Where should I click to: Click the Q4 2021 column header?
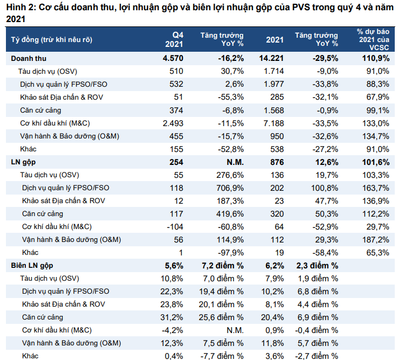click(x=174, y=39)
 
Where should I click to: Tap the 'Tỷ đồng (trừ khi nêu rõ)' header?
click(x=52, y=40)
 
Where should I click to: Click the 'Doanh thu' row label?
click(x=29, y=59)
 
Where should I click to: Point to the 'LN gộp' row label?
click(x=23, y=162)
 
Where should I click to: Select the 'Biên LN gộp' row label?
click(x=32, y=266)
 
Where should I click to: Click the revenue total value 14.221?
click(x=271, y=58)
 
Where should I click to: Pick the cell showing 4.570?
click(x=173, y=58)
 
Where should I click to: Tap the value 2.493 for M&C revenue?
click(x=173, y=123)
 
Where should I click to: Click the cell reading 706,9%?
click(x=230, y=188)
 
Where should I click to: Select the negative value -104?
click(x=175, y=227)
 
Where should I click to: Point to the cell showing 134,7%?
click(x=376, y=136)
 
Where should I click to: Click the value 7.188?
click(x=273, y=123)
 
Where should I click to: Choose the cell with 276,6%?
click(x=230, y=175)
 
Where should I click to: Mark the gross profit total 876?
click(x=277, y=162)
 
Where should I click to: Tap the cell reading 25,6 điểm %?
click(x=221, y=317)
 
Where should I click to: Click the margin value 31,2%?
click(x=172, y=317)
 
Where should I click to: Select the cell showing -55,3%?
click(x=231, y=98)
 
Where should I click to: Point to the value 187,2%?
click(x=376, y=240)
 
